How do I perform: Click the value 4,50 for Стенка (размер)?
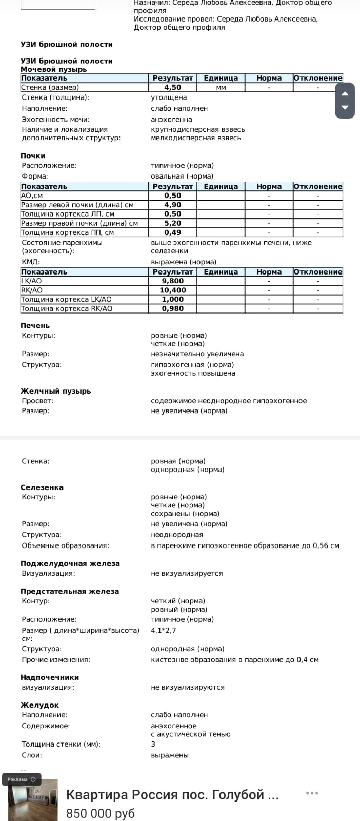173,88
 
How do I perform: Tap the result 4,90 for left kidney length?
173,205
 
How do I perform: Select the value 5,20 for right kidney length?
173,223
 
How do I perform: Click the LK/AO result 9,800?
173,281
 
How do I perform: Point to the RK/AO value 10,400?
173,290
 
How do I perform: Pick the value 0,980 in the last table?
173,309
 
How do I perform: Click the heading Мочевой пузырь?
54,69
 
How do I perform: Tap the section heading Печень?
35,326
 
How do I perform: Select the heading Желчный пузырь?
56,391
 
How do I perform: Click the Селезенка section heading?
42,487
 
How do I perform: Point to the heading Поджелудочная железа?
70,563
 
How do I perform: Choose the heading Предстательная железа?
70,591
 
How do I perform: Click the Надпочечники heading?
50,677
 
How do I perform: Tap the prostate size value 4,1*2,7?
164,630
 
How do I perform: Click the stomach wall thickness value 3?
153,744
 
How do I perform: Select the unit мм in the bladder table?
221,88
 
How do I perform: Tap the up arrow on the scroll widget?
345,93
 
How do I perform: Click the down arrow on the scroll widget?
345,108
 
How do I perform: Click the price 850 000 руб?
101,813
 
